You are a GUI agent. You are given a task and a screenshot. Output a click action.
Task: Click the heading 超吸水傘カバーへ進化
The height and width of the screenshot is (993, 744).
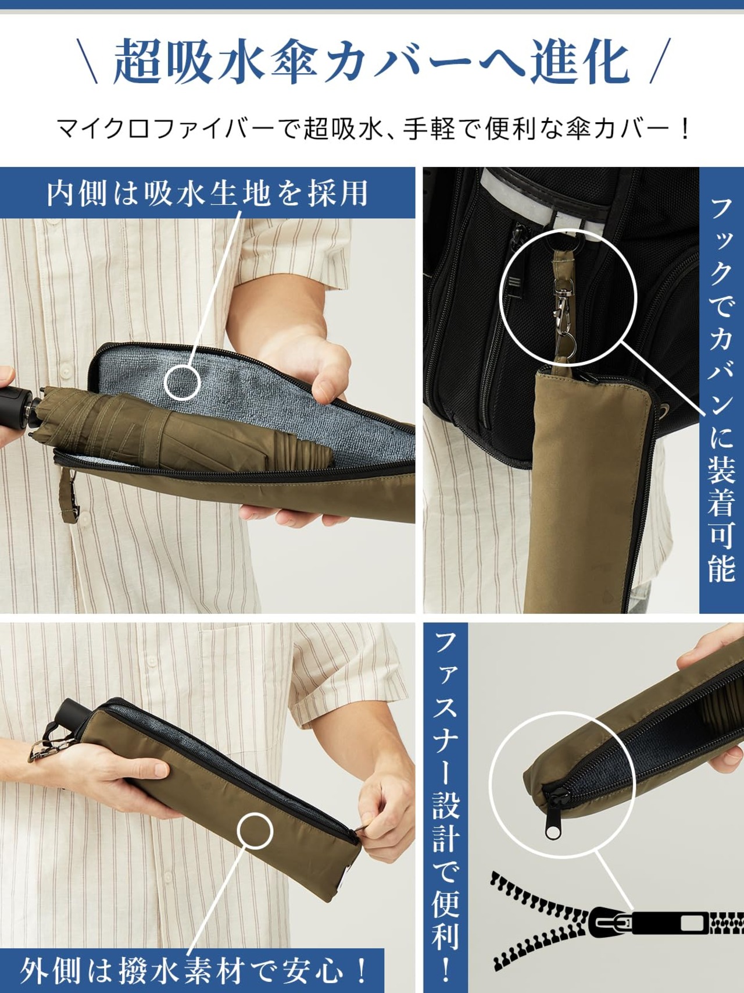(372, 61)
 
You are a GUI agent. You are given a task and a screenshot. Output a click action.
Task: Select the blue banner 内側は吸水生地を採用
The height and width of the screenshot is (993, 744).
(208, 193)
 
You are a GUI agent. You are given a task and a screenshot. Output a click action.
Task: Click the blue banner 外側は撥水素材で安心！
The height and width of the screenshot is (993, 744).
(192, 970)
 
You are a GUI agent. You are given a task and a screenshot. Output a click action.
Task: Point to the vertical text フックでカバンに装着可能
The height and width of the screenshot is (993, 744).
(722, 390)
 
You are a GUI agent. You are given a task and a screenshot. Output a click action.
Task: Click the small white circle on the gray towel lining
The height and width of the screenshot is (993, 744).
(182, 382)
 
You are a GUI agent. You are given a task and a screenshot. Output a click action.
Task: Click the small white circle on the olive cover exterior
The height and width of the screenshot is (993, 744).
(255, 831)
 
